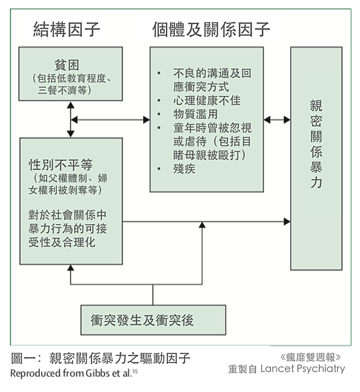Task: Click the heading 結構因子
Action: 67,29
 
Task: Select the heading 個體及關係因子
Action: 210,29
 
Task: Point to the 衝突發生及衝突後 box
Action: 152,320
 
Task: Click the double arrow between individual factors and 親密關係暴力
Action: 277,120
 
